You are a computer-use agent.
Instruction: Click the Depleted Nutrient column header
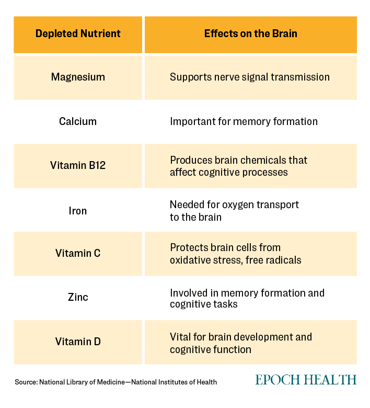[78, 33]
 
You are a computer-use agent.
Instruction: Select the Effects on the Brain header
[251, 33]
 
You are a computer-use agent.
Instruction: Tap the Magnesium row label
[78, 77]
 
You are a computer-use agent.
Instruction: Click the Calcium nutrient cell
[78, 121]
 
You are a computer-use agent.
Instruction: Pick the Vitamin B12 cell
[78, 165]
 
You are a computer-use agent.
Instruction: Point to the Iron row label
[78, 211]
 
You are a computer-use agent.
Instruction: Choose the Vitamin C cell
[78, 253]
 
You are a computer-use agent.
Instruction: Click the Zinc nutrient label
[78, 297]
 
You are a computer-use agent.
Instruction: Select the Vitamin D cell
[78, 342]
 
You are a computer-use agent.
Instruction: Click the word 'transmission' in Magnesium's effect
[300, 77]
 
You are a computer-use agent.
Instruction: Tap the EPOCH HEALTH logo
[306, 380]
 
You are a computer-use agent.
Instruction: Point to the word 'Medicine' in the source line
[111, 382]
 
